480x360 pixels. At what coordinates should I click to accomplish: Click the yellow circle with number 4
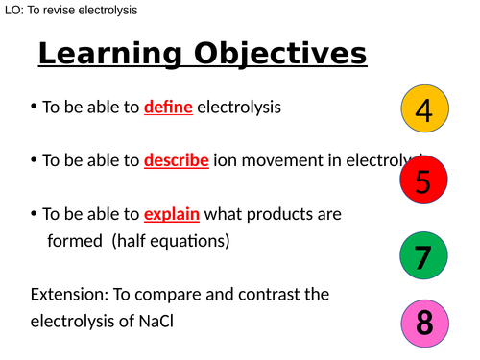[x=424, y=112]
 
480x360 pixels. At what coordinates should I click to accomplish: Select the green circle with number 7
[x=423, y=256]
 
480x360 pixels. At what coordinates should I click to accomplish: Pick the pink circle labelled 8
[x=423, y=324]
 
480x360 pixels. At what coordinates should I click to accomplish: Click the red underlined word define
[x=169, y=108]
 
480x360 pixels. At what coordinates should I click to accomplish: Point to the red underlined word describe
[x=177, y=160]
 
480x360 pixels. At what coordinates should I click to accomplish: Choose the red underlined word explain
[x=172, y=214]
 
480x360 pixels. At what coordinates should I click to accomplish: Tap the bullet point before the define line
[x=34, y=108]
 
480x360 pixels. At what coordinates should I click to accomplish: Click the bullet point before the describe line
[x=34, y=160]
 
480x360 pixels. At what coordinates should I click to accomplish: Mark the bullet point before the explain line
[x=34, y=214]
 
